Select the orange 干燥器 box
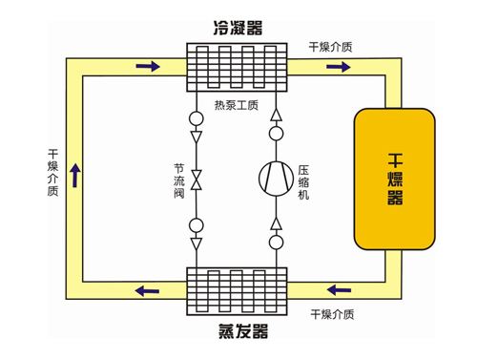click(x=394, y=178)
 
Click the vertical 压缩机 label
click(x=304, y=178)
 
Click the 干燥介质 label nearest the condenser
click(x=333, y=46)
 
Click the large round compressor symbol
click(x=278, y=178)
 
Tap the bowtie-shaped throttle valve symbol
click(x=197, y=179)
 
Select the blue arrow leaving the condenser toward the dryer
click(x=339, y=66)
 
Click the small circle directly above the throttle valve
click(x=197, y=120)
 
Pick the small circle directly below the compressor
click(x=278, y=243)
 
